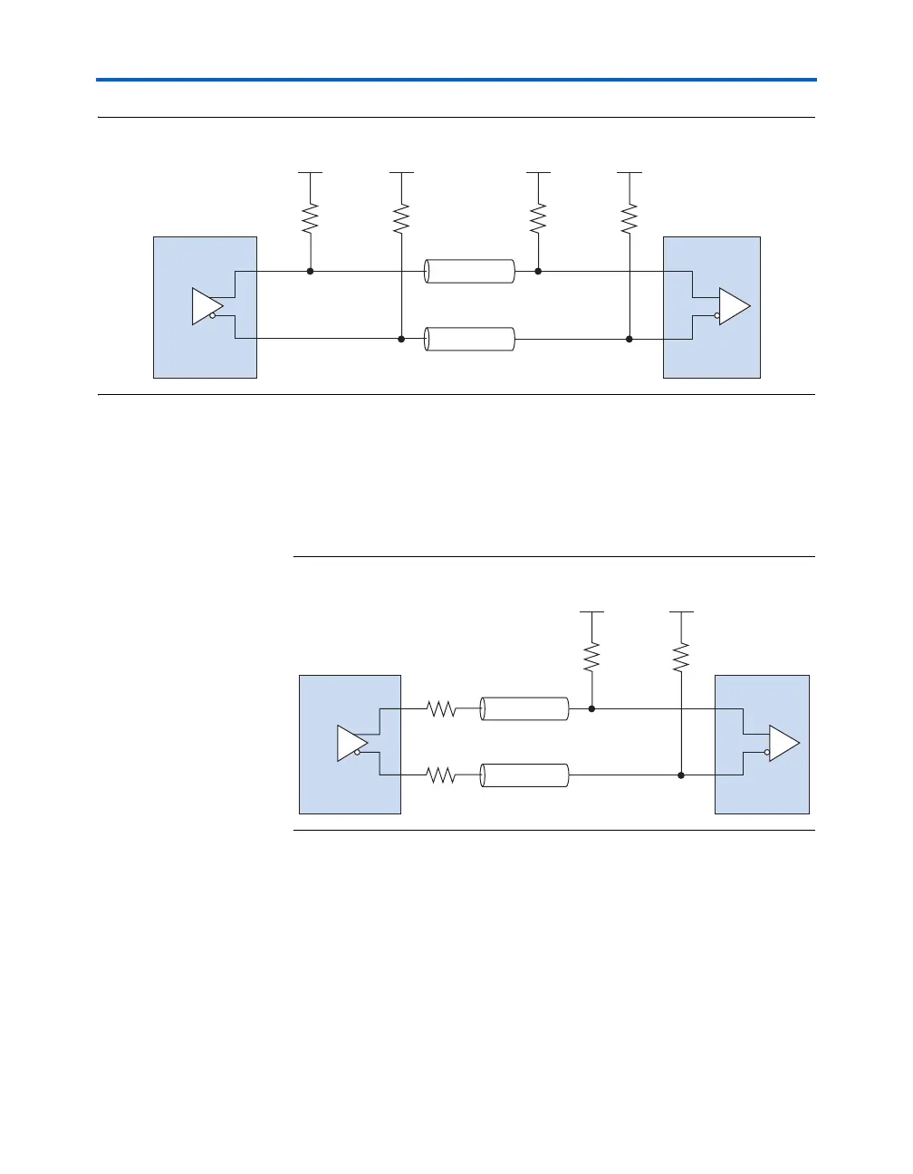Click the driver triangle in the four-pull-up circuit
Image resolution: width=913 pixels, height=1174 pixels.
(x=206, y=306)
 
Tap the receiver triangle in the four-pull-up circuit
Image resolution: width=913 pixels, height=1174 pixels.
(x=733, y=306)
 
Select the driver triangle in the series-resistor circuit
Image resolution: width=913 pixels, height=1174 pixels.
(x=351, y=743)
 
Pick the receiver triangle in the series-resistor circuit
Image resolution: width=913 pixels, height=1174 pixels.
(x=783, y=743)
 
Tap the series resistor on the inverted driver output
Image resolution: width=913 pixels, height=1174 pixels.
(x=441, y=775)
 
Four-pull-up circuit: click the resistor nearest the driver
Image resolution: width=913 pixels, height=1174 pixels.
(x=311, y=217)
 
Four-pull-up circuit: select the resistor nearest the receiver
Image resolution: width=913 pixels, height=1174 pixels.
(x=629, y=217)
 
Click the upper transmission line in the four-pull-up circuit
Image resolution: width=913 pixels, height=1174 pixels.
(x=470, y=271)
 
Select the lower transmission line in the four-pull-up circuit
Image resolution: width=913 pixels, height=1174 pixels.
(x=470, y=339)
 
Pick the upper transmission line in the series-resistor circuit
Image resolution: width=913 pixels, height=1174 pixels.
(x=524, y=709)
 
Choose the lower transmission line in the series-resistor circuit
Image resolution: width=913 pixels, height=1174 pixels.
(x=524, y=775)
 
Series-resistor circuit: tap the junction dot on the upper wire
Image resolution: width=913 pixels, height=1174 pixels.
(x=591, y=709)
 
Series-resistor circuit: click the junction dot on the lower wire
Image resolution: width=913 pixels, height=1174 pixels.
(x=681, y=775)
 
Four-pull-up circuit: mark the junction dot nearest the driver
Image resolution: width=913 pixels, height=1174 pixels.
(x=311, y=271)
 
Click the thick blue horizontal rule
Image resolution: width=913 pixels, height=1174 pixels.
(x=456, y=81)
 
